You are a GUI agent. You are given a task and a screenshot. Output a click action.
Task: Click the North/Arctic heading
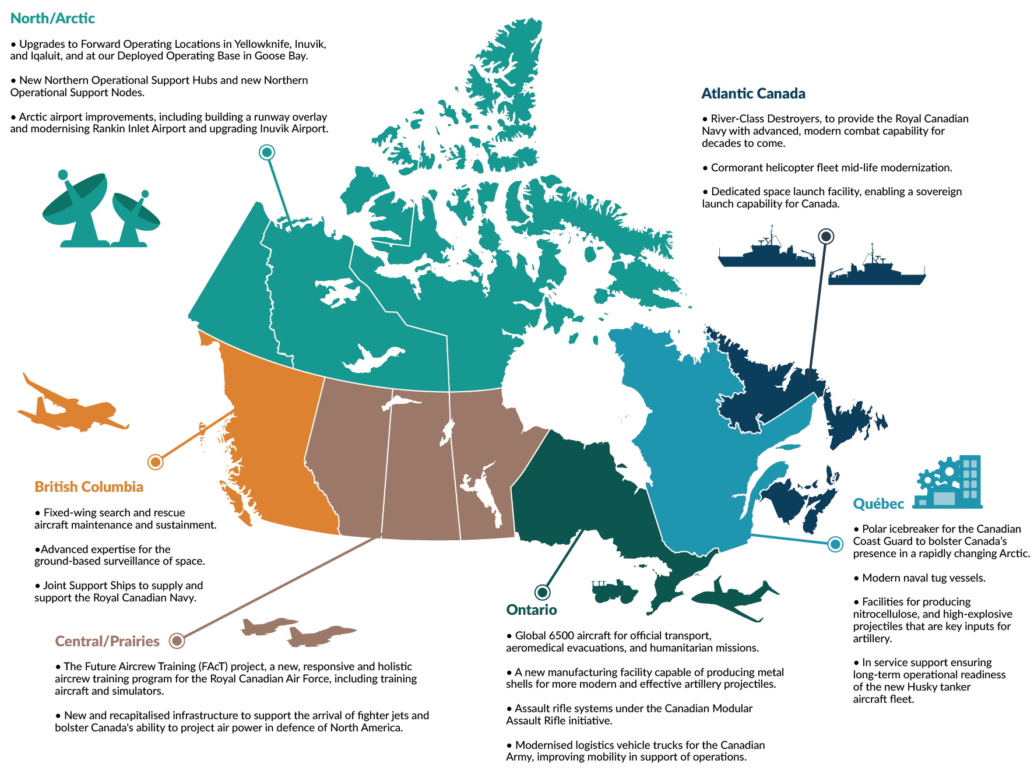click(52, 19)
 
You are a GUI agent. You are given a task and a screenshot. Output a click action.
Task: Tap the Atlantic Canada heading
click(753, 94)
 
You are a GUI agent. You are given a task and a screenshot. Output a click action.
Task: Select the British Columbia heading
click(89, 487)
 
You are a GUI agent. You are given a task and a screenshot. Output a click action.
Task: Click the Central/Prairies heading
click(107, 642)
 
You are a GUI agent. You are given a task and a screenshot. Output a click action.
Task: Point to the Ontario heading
click(531, 610)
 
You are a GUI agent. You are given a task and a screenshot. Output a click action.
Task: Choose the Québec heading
click(878, 504)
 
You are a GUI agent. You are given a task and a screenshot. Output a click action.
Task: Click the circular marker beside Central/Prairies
click(177, 641)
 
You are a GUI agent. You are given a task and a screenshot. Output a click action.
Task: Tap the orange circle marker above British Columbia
click(155, 462)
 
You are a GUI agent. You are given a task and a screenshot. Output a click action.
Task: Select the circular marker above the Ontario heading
click(542, 592)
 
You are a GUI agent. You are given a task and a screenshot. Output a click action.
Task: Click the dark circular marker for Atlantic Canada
click(826, 236)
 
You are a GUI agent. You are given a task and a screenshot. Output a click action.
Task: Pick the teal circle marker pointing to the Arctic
click(267, 152)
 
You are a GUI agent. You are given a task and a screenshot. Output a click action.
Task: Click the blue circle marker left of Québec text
click(835, 544)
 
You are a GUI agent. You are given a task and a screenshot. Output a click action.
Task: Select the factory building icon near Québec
click(949, 483)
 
